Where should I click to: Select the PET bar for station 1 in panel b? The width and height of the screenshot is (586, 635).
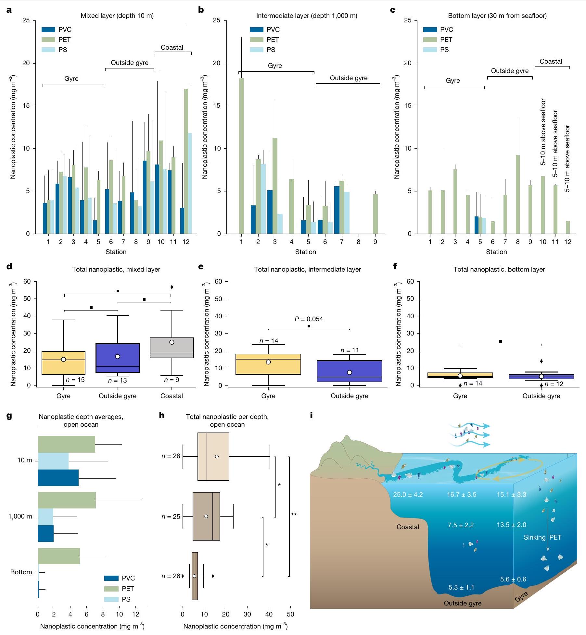click(x=241, y=156)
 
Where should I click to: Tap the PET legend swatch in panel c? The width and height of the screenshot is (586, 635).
click(x=430, y=40)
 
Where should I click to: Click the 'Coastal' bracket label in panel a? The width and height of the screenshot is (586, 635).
click(x=172, y=47)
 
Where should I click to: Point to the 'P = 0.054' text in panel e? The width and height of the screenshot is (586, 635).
click(x=309, y=319)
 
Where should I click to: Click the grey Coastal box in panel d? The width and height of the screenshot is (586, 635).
click(x=172, y=348)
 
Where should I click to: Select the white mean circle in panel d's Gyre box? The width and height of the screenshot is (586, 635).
click(x=63, y=359)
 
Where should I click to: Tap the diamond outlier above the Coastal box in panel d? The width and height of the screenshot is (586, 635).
click(x=172, y=287)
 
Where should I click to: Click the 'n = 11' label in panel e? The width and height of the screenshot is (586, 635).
click(x=350, y=350)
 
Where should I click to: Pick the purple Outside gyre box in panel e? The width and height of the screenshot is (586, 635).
click(x=350, y=371)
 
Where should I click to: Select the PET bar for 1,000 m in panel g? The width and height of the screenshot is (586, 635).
click(x=67, y=500)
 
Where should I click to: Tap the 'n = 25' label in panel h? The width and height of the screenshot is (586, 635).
click(x=171, y=517)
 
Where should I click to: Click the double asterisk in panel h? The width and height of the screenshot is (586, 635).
click(x=294, y=515)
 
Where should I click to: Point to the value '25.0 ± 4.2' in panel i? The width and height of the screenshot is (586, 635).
click(x=408, y=495)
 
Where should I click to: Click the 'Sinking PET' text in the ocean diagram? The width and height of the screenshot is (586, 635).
click(x=542, y=537)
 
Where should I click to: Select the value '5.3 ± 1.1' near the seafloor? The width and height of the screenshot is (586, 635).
click(x=461, y=587)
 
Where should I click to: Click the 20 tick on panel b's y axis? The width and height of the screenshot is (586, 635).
click(x=217, y=63)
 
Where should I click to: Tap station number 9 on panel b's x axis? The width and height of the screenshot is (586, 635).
click(x=375, y=242)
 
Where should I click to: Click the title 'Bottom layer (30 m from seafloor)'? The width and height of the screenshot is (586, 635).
click(x=497, y=16)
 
